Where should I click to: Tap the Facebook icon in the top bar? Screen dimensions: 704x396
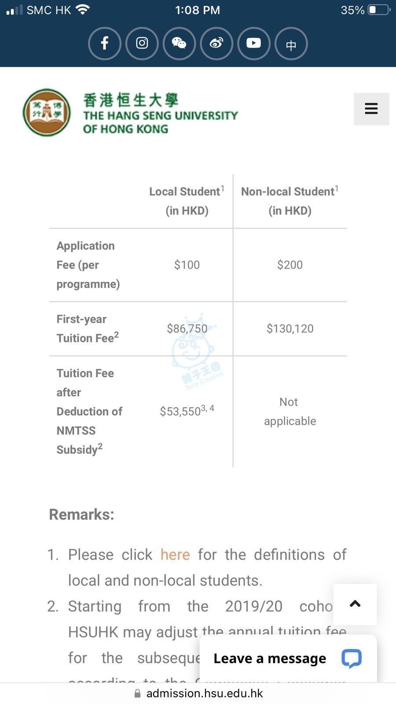tap(104, 43)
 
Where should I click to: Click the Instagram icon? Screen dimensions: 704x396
tap(142, 43)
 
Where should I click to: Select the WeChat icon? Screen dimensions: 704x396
tap(179, 43)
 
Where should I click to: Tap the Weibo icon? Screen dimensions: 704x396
tap(216, 43)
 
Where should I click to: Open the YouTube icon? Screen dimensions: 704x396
tap(253, 43)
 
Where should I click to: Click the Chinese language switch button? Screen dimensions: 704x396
tap(291, 44)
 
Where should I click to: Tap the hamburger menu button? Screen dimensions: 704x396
tap(371, 109)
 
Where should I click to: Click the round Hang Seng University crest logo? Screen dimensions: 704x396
tap(47, 112)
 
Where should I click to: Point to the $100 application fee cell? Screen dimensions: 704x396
tap(187, 265)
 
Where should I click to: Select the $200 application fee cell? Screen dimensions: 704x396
tap(290, 265)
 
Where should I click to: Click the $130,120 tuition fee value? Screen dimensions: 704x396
tap(290, 329)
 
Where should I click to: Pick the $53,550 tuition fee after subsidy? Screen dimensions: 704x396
tap(180, 411)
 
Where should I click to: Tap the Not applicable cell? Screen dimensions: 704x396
tap(290, 411)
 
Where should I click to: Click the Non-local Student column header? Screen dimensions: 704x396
tap(290, 201)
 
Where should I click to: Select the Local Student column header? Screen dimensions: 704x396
tap(187, 201)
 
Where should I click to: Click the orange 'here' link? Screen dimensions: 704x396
tap(175, 554)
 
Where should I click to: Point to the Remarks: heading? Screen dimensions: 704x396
tap(81, 514)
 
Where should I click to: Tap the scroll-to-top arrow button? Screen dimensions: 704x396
tap(355, 604)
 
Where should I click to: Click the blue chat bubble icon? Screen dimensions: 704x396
tap(352, 658)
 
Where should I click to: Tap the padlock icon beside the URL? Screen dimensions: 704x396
tap(137, 693)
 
